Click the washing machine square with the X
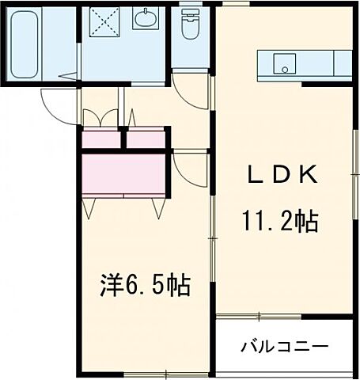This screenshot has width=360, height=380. [x=103, y=21]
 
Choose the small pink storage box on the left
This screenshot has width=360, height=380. [x=100, y=139]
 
